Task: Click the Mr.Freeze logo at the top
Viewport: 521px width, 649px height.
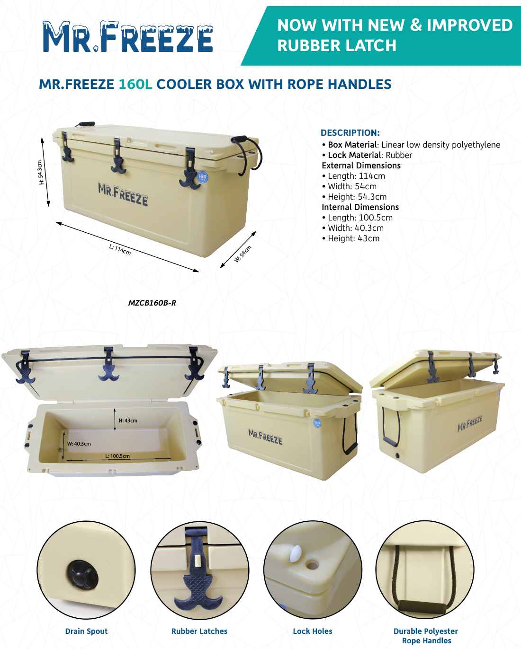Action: [128, 37]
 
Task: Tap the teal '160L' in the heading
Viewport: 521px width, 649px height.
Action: [135, 84]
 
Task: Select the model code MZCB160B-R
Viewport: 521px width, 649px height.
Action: [152, 303]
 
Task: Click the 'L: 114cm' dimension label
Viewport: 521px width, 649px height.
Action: [120, 250]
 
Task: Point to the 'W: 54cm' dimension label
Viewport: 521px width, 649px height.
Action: [243, 254]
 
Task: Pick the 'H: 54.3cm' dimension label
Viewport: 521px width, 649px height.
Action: [40, 172]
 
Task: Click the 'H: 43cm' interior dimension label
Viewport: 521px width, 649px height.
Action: [128, 421]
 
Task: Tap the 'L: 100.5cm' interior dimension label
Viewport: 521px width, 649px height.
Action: [117, 456]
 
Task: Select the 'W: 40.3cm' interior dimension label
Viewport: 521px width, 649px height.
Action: [79, 444]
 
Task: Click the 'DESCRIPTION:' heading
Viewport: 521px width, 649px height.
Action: [350, 133]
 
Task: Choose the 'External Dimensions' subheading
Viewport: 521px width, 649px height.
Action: [361, 166]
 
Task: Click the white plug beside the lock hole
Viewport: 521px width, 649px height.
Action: [296, 553]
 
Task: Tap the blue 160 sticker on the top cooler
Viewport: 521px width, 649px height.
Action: [202, 177]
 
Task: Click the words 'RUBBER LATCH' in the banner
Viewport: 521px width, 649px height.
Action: [337, 45]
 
